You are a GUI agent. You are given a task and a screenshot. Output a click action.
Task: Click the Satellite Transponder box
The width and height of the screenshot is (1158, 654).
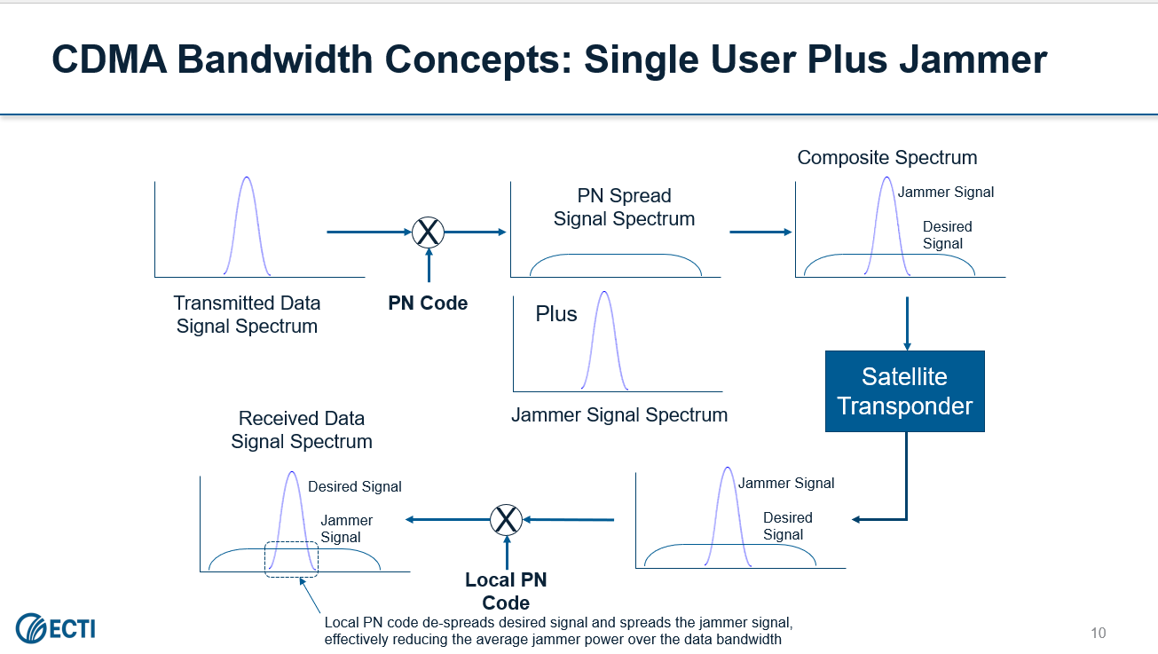[x=905, y=391]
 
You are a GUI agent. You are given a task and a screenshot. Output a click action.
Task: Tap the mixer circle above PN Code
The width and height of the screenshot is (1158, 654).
[x=429, y=232]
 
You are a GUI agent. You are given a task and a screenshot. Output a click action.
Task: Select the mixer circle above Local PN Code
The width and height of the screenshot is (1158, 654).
[x=507, y=519]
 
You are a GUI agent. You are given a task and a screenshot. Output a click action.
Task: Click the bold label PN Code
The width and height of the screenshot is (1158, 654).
[x=428, y=303]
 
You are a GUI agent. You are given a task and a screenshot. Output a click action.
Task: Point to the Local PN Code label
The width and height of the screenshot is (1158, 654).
[x=506, y=591]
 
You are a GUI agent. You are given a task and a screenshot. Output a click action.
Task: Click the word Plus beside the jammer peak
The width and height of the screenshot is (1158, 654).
[x=556, y=314]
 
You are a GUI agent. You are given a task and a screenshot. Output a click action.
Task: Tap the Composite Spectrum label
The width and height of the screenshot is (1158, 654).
[x=886, y=158]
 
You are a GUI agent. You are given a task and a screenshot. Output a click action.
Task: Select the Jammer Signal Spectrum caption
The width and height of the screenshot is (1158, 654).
[x=619, y=414]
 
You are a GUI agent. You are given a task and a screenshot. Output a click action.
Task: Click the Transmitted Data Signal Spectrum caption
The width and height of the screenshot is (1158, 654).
[x=247, y=314]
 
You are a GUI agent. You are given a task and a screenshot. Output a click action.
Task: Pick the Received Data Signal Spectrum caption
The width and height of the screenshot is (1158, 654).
[x=302, y=429]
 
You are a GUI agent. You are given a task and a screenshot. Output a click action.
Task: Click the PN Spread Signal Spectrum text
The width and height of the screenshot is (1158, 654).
[x=624, y=207]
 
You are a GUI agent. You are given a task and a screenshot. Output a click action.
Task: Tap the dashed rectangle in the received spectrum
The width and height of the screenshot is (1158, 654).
[x=291, y=559]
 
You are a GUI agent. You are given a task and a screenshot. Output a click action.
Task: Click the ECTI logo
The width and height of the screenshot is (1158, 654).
[x=55, y=629]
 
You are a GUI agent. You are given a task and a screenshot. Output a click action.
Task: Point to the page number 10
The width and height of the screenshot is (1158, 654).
[x=1099, y=633]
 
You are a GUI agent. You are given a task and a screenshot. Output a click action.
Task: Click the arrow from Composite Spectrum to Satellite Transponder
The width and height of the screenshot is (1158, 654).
[x=906, y=323]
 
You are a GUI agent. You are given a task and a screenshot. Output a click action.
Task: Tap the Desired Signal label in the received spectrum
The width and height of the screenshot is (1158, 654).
[x=355, y=486]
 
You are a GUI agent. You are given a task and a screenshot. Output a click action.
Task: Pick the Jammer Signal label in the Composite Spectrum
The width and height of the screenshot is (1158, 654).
[x=946, y=192]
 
